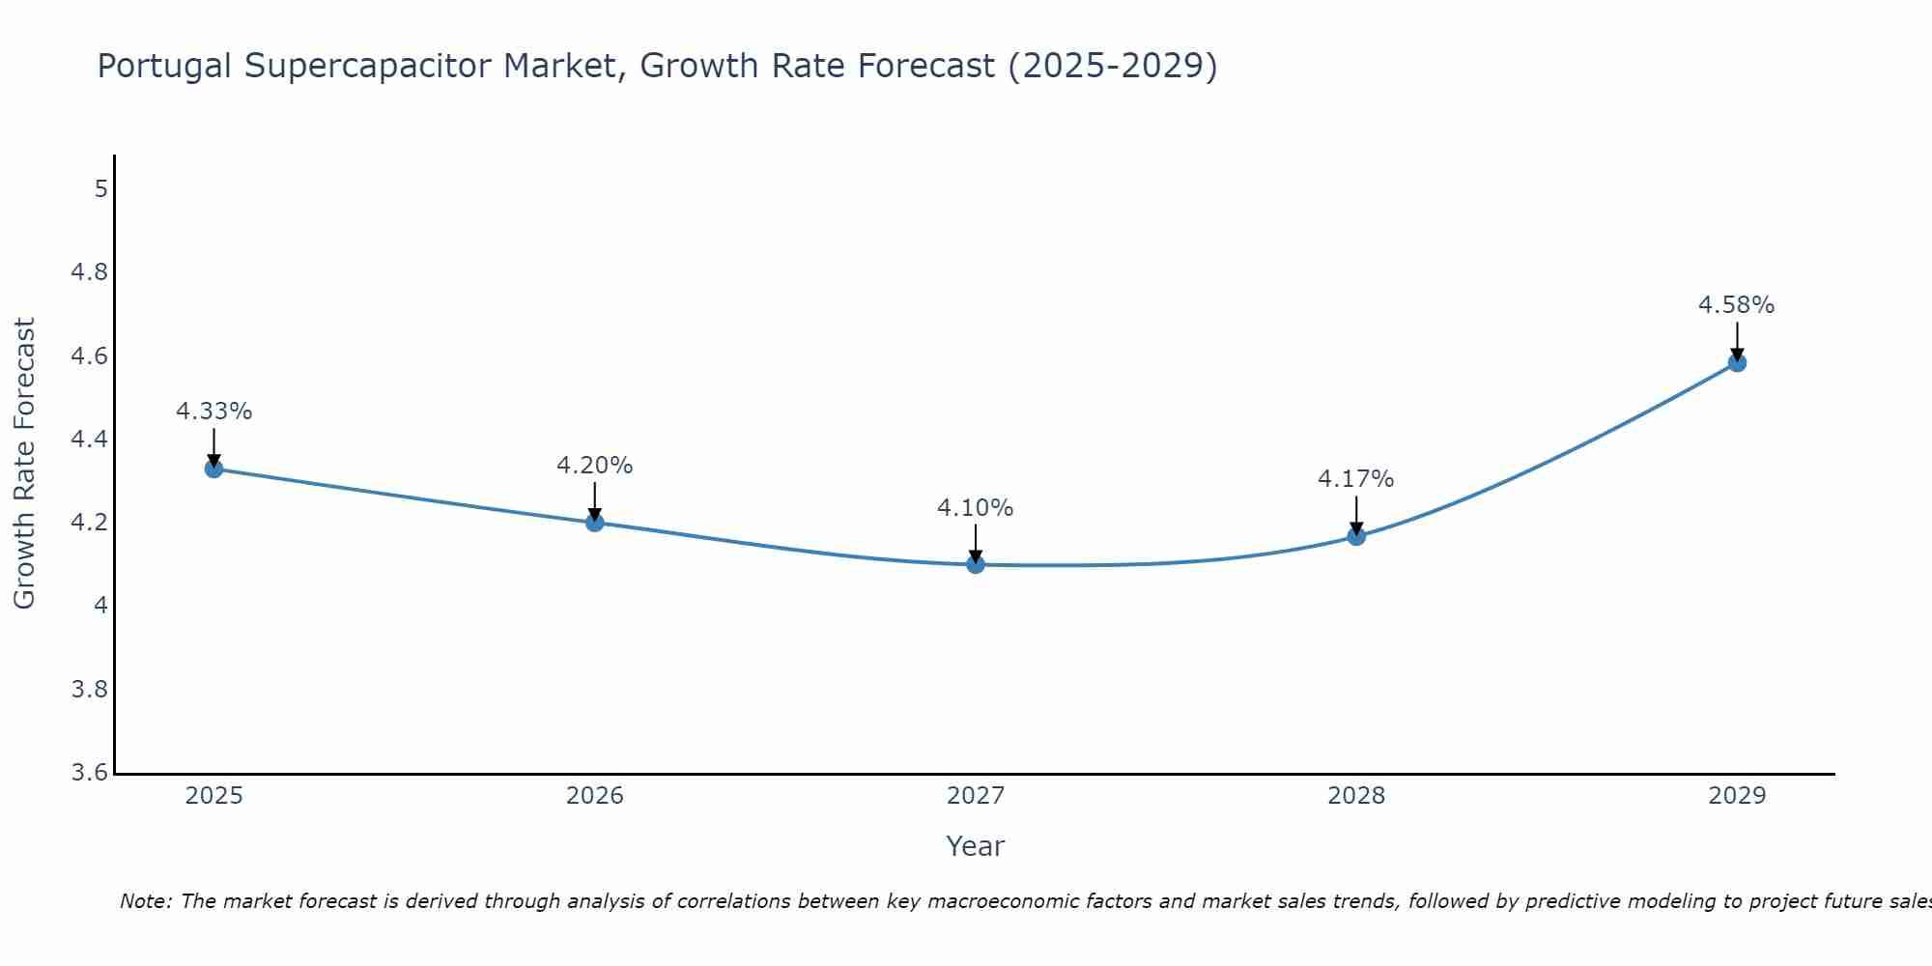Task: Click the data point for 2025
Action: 214,469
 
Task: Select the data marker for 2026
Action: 595,523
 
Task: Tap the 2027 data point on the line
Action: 976,564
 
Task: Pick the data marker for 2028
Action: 1356,536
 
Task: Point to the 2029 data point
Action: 1737,363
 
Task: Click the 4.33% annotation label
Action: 214,412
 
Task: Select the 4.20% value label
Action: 595,466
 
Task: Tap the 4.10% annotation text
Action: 976,508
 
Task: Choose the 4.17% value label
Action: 1356,479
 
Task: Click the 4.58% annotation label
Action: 1737,305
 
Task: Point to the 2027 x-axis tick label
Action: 976,796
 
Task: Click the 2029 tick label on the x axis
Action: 1737,796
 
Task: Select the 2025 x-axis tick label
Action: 214,796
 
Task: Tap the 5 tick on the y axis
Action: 101,188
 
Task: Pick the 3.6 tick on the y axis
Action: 90,773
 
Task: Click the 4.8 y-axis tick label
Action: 90,272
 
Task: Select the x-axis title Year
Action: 976,846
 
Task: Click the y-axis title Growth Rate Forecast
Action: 24,464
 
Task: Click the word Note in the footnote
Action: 145,901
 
